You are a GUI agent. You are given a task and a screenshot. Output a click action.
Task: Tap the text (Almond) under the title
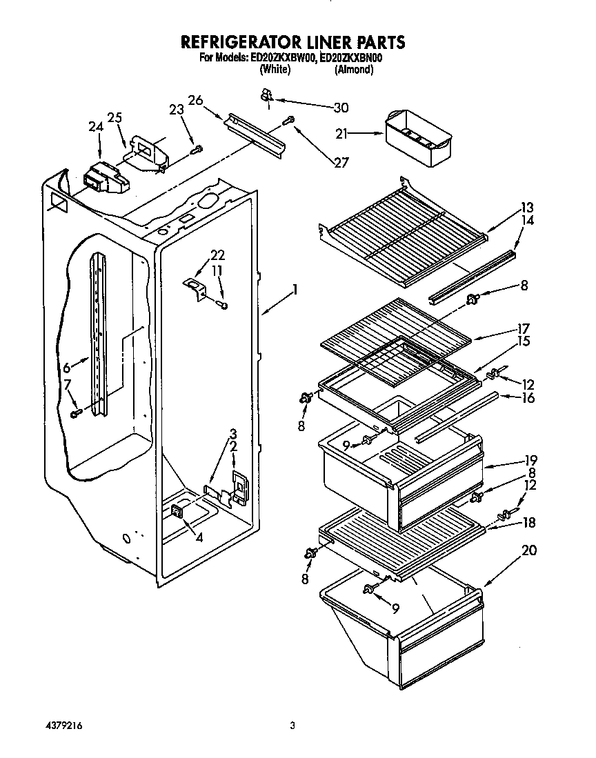[x=354, y=70]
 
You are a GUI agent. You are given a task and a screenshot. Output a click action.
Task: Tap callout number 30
[x=341, y=107]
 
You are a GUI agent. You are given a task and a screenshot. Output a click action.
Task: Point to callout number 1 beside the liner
[x=295, y=290]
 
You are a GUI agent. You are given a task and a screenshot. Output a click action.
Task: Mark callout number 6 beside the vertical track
[x=67, y=368]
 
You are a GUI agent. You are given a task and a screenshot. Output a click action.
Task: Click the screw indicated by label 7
[x=77, y=412]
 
